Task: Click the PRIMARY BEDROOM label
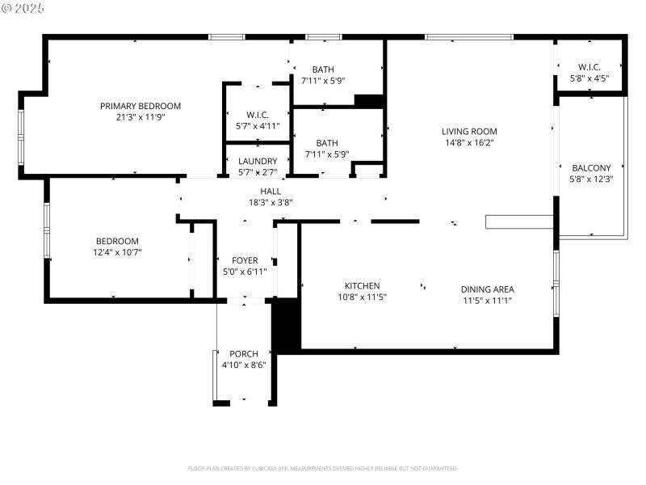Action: (141, 106)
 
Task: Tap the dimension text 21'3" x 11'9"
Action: (141, 116)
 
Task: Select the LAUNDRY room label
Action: (258, 161)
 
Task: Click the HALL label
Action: (271, 191)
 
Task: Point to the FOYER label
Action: (245, 260)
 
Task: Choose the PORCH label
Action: (244, 354)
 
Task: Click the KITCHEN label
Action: (362, 285)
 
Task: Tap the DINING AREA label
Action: (487, 289)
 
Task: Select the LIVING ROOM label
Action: (469, 131)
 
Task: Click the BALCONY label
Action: (591, 168)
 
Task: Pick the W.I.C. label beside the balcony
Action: (589, 67)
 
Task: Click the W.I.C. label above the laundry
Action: (257, 115)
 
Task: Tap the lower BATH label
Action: (326, 143)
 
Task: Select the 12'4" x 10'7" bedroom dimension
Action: (118, 252)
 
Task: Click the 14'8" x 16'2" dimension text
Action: (469, 142)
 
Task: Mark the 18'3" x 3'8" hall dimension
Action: (271, 202)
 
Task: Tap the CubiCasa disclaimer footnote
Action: (323, 468)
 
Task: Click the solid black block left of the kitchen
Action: (286, 325)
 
